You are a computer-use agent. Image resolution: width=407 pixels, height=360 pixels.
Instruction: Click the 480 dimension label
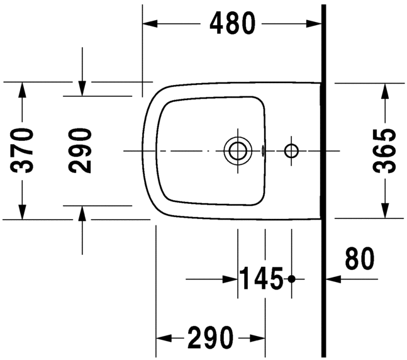click(x=233, y=23)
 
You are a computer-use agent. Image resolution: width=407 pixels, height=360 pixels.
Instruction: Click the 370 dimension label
click(x=23, y=150)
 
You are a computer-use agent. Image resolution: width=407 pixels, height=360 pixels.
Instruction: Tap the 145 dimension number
click(x=261, y=278)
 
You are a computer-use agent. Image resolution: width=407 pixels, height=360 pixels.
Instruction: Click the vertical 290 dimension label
click(x=81, y=150)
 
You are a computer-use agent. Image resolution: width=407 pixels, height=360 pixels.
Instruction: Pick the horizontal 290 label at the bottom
click(x=209, y=339)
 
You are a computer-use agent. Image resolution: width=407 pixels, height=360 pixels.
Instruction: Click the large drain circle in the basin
click(x=237, y=150)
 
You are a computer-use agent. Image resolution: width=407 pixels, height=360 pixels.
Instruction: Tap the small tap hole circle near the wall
click(x=291, y=150)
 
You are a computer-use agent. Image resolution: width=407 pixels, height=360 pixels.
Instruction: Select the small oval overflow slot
click(x=262, y=150)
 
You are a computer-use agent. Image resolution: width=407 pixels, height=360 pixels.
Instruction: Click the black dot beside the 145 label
click(x=291, y=278)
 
